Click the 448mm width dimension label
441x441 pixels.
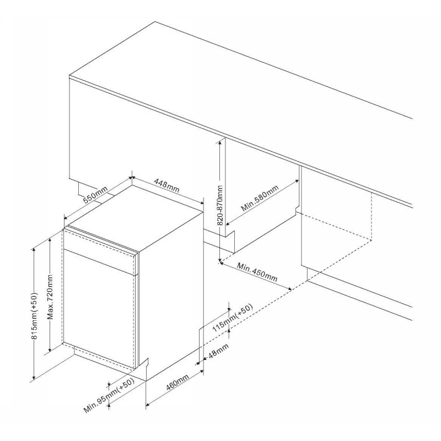point(167,185)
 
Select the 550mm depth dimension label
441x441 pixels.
point(95,195)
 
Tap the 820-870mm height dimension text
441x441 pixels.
point(220,205)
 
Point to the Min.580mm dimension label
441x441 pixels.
point(260,198)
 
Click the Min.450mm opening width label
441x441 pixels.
point(257,272)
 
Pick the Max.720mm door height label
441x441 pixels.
point(50,297)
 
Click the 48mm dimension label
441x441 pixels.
point(218,351)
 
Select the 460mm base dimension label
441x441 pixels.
point(177,383)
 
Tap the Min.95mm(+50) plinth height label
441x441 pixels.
point(109,395)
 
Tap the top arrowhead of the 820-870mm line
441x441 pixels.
point(220,142)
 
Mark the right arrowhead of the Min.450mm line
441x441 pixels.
point(289,288)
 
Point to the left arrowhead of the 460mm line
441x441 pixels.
point(148,405)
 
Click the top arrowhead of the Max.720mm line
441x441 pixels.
point(50,240)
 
